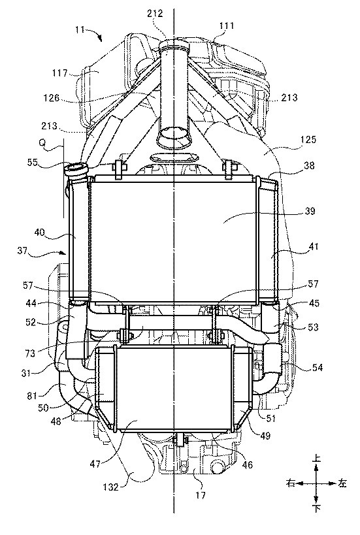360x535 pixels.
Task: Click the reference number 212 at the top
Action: [x=155, y=14]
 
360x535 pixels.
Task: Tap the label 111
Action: [x=227, y=25]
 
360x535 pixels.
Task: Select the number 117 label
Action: [x=59, y=73]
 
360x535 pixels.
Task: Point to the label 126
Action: [x=52, y=98]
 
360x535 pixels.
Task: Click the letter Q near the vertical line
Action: [x=42, y=143]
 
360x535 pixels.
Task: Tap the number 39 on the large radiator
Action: [x=310, y=211]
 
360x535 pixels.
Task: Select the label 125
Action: [x=308, y=139]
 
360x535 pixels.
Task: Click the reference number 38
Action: [x=309, y=165]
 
